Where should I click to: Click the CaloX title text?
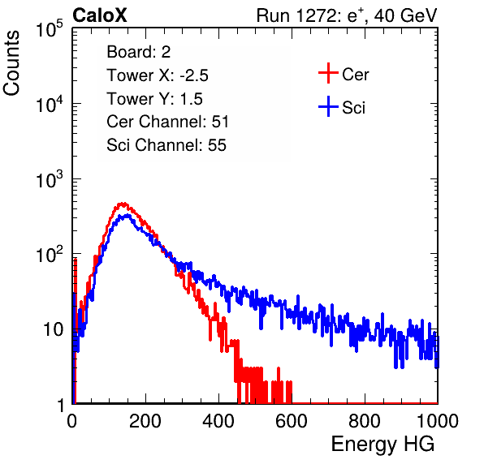pyautogui.click(x=99, y=15)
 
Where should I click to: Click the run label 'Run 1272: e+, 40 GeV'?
pyautogui.click(x=347, y=15)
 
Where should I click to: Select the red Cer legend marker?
pyautogui.click(x=328, y=73)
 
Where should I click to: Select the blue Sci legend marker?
pyautogui.click(x=328, y=106)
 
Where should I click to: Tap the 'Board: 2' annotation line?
pyautogui.click(x=139, y=52)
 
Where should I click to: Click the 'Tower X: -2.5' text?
pyautogui.click(x=158, y=75)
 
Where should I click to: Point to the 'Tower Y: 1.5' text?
pyautogui.click(x=154, y=99)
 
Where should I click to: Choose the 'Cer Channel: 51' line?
pyautogui.click(x=167, y=122)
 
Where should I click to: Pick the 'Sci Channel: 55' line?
pyautogui.click(x=166, y=145)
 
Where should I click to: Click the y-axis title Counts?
pyautogui.click(x=11, y=63)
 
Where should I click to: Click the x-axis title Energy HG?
pyautogui.click(x=382, y=445)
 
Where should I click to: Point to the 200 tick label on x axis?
pyautogui.click(x=145, y=421)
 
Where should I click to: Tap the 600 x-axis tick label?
pyautogui.click(x=292, y=421)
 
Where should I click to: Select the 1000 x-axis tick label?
pyautogui.click(x=438, y=421)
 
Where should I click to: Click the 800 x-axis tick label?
pyautogui.click(x=365, y=421)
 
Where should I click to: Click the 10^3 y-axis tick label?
pyautogui.click(x=50, y=179)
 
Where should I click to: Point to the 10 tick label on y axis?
pyautogui.click(x=53, y=329)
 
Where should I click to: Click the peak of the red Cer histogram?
pyautogui.click(x=123, y=204)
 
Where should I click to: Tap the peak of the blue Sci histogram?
pyautogui.click(x=127, y=216)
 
